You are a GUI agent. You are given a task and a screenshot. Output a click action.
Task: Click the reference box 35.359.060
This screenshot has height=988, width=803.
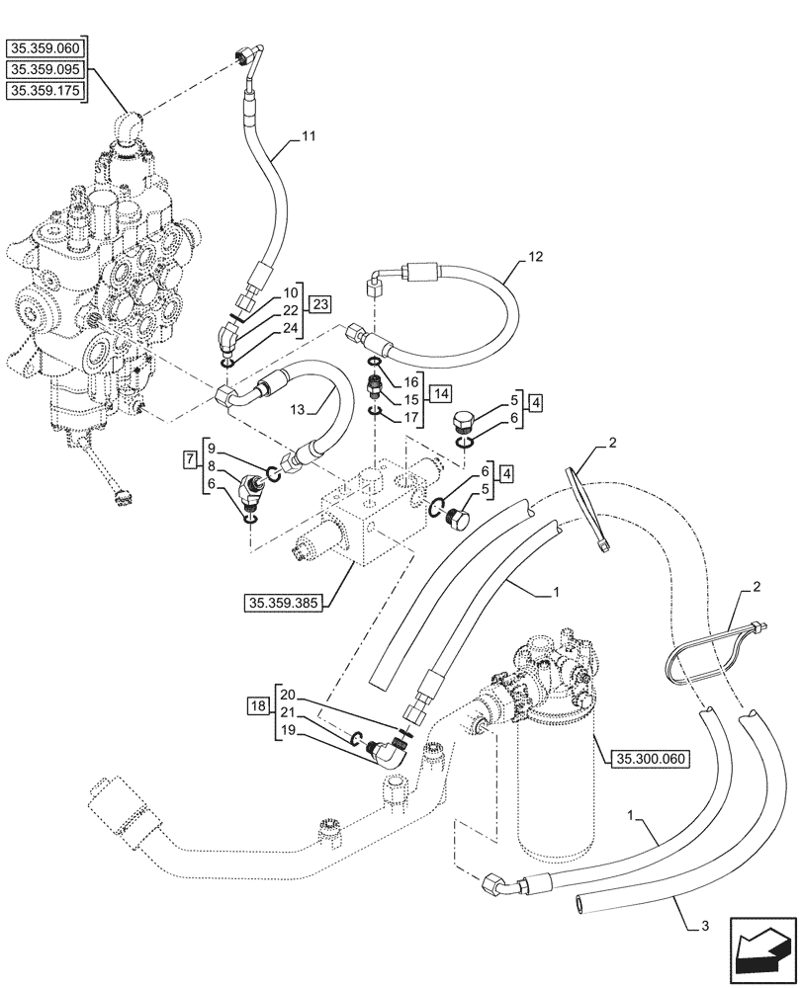(x=46, y=47)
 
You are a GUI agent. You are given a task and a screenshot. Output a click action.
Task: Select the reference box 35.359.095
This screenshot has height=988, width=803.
(x=46, y=69)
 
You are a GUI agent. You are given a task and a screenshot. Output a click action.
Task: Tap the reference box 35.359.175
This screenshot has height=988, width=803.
(x=46, y=91)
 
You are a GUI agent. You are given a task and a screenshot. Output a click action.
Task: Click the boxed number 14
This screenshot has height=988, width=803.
(x=441, y=392)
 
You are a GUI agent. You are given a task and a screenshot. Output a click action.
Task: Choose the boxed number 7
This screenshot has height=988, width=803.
(x=189, y=459)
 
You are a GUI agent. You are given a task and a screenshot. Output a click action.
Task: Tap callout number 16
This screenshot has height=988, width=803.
(x=411, y=379)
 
